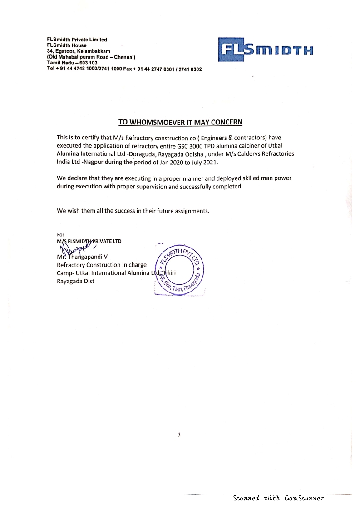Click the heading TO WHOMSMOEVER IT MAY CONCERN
(180, 122)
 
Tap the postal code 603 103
(85, 63)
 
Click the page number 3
(179, 435)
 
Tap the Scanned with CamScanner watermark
(278, 498)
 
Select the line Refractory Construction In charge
(101, 265)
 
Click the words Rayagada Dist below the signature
(75, 281)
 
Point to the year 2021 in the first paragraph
(210, 162)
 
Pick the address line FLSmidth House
(67, 45)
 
